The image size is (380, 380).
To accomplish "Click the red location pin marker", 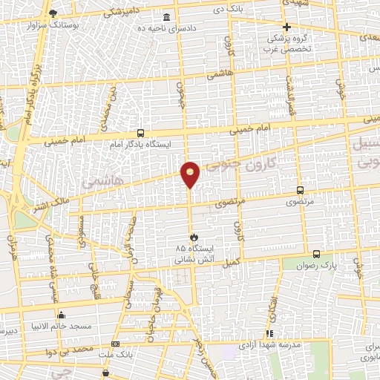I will tap(191, 173).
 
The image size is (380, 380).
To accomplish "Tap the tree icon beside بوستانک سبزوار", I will tap(53, 13).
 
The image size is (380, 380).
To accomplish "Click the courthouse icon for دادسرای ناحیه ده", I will tap(164, 17).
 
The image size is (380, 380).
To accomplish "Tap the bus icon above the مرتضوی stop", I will tap(300, 190).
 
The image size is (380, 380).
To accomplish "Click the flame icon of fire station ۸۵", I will tap(183, 237).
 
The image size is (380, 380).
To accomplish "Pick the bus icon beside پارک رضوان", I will tap(316, 254).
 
